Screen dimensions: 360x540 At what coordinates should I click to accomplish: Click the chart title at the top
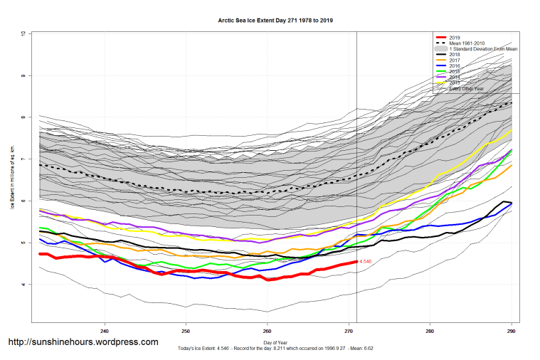click(275, 21)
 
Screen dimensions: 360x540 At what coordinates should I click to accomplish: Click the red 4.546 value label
click(365, 262)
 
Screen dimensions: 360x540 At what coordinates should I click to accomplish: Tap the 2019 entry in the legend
click(455, 37)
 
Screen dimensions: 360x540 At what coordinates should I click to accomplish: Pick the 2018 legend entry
click(455, 54)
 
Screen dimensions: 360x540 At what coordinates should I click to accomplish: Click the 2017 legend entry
click(455, 60)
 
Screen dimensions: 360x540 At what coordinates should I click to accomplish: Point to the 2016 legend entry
click(455, 66)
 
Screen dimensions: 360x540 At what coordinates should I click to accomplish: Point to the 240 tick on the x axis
click(105, 331)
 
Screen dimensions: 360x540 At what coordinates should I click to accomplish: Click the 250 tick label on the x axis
click(186, 331)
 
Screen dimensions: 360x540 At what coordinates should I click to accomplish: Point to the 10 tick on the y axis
click(23, 33)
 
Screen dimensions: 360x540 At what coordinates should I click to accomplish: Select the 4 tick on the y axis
click(23, 285)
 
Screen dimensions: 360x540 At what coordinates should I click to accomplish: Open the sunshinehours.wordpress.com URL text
click(83, 342)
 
